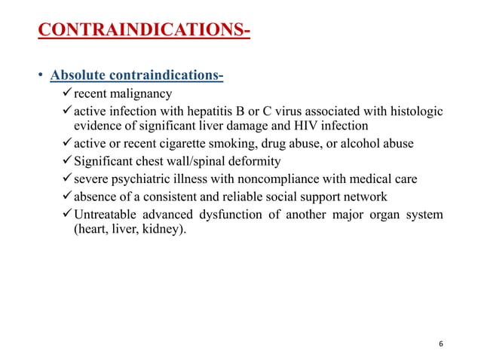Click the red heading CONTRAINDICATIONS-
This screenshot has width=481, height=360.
[x=144, y=31]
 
